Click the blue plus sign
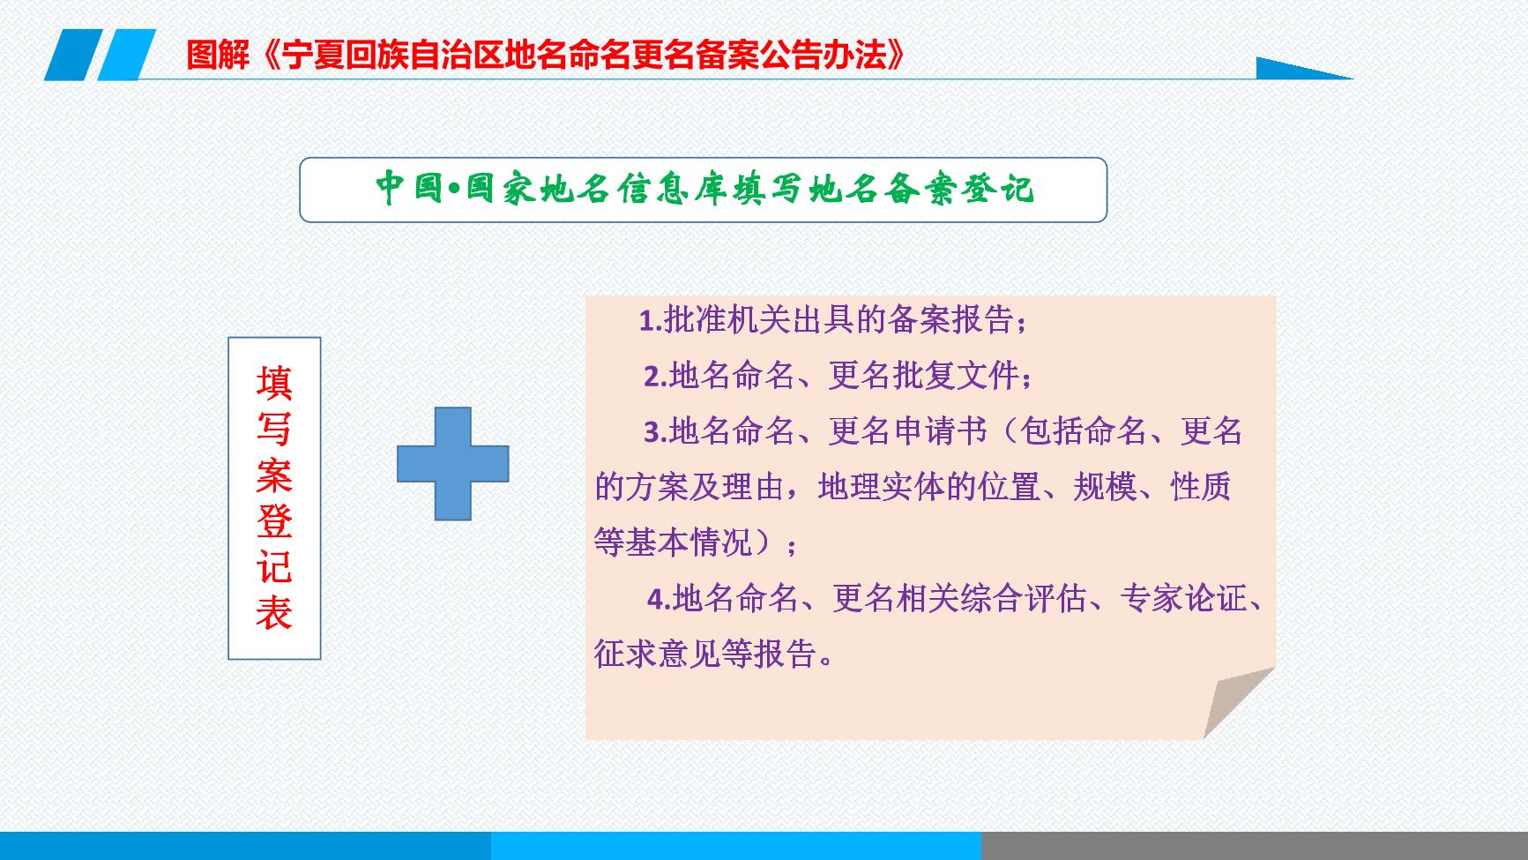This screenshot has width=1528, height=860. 453,463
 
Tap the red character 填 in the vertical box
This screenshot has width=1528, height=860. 274,384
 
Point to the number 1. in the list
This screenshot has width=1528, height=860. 651,321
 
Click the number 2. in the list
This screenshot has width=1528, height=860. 656,377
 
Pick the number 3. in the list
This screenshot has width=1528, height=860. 656,432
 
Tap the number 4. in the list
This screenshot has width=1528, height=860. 660,600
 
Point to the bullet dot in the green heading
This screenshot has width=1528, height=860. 455,189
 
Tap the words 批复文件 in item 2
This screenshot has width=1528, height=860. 956,376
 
